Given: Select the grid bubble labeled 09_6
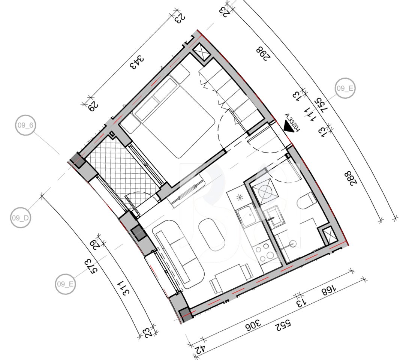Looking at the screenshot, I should pos(26,126).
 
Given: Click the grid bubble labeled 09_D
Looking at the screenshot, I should pos(21,218).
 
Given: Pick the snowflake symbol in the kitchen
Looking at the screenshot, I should pos(241,197).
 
